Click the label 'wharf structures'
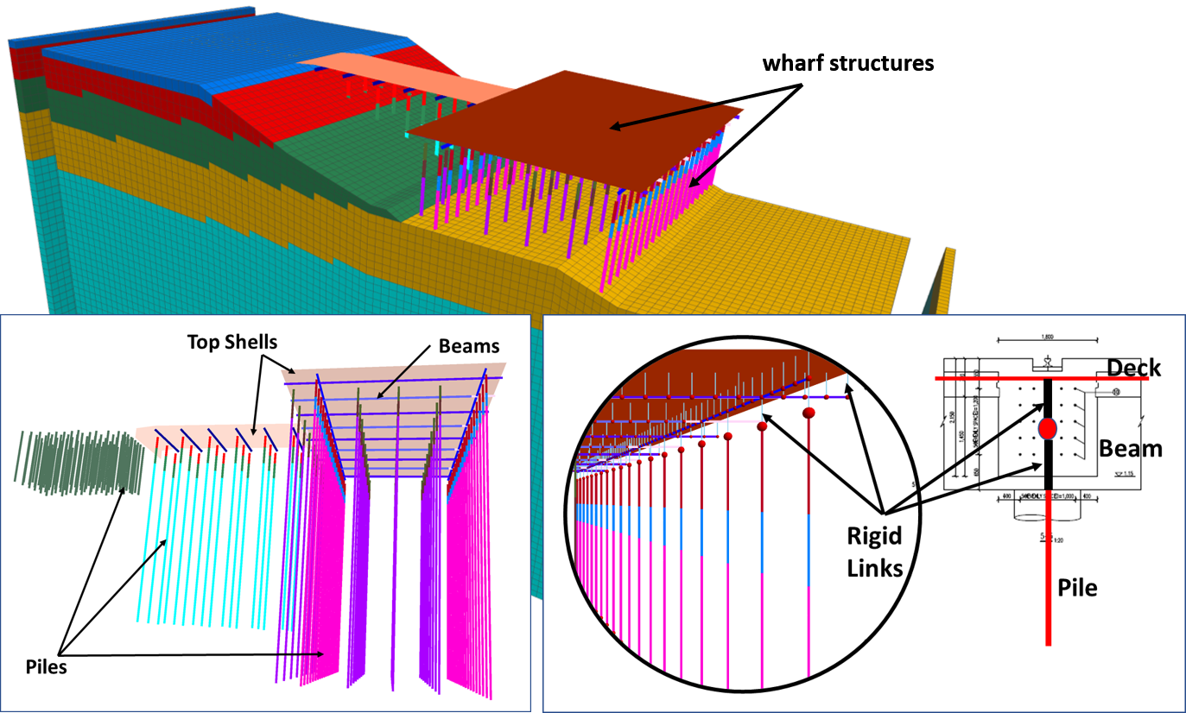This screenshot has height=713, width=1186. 847,63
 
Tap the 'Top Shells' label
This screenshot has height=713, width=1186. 232,342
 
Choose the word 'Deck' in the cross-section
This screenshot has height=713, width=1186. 1134,369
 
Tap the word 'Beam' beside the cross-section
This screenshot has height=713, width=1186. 1130,448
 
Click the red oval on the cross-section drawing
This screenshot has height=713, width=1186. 1048,427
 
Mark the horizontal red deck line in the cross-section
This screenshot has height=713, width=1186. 993,379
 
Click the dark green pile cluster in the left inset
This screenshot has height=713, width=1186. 78,457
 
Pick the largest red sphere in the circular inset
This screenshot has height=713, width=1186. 809,413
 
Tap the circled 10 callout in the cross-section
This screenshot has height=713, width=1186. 1116,392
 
